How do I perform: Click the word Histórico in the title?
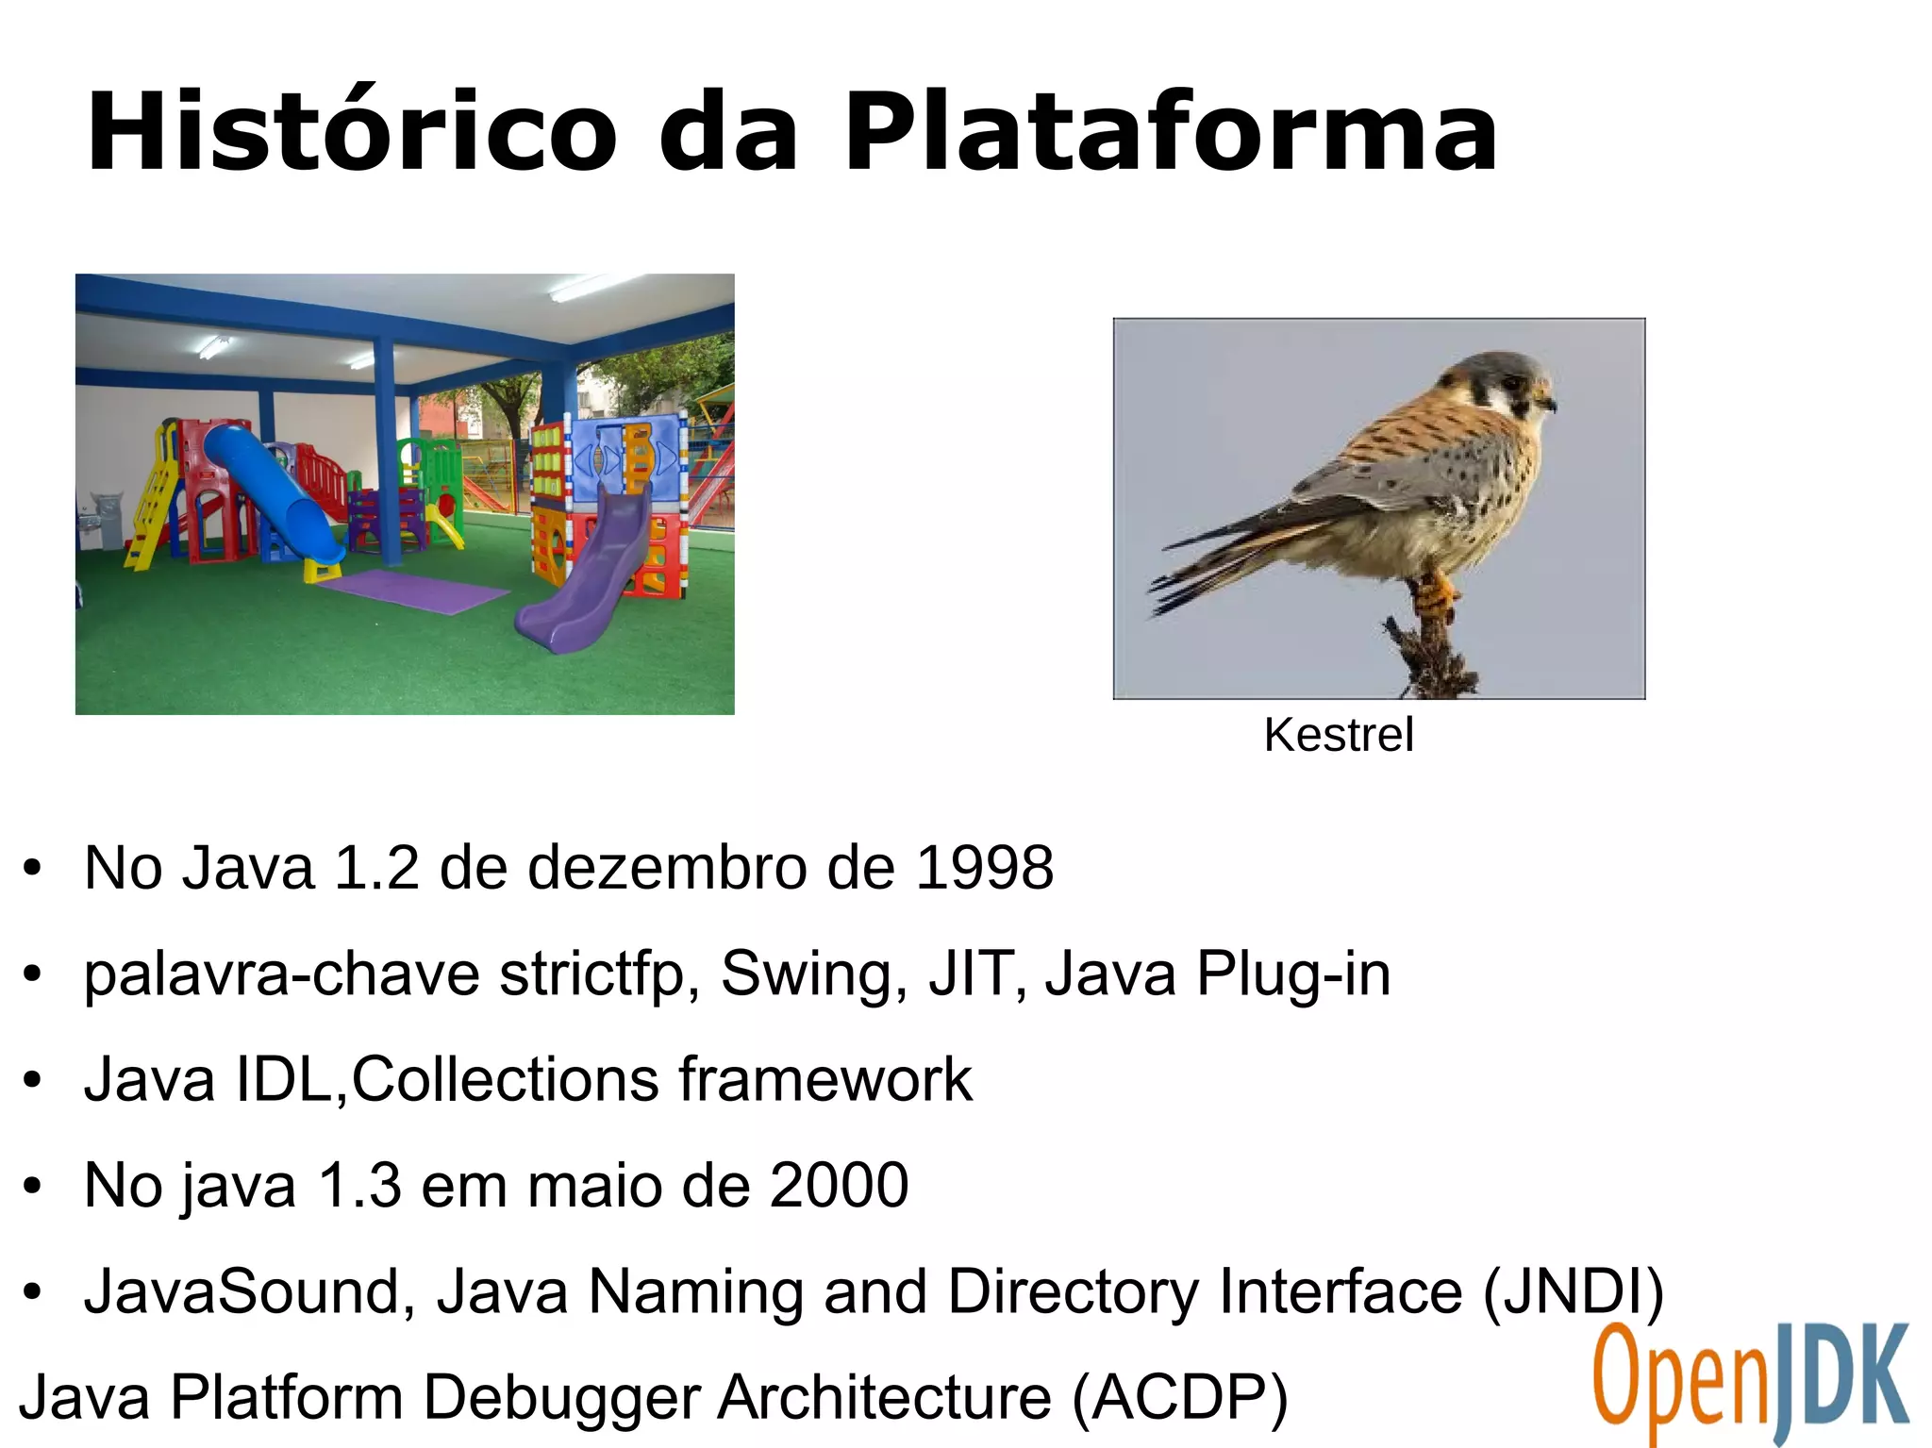click(351, 132)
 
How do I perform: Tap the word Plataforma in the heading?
click(1170, 132)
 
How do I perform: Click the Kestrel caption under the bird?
click(1338, 735)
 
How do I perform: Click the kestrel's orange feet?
click(1435, 594)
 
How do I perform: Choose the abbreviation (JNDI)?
click(1573, 1291)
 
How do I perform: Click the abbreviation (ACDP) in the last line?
click(1179, 1397)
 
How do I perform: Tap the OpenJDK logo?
click(1750, 1382)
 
